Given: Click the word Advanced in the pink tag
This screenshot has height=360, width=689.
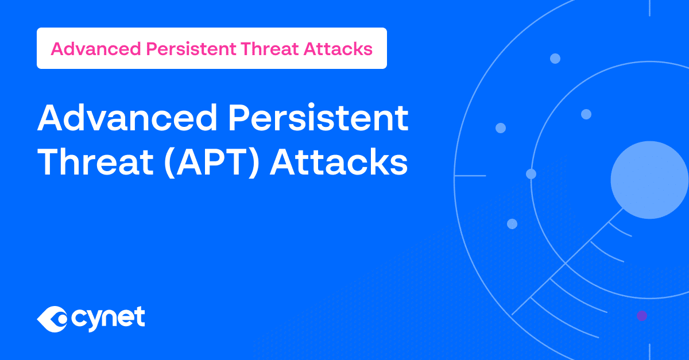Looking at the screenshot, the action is [96, 49].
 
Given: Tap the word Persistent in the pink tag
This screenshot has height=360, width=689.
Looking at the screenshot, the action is [191, 49].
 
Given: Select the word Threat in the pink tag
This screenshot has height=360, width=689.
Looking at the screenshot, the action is [269, 49].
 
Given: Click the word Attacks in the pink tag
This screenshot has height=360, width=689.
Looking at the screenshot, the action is [338, 49].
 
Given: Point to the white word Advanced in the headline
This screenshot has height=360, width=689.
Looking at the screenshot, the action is [127, 118].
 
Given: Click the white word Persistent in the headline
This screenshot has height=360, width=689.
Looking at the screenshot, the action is [318, 118].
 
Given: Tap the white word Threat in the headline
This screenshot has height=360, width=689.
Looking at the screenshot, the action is [95, 162].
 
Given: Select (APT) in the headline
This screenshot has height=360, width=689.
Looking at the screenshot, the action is [212, 162].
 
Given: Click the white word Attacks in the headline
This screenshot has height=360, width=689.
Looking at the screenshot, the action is [339, 162].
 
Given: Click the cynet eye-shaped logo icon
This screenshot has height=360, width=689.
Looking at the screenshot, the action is [52, 319].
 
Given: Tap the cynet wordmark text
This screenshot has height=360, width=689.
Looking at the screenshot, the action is [108, 319].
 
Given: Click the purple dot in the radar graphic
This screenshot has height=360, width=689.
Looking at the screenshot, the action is [642, 316].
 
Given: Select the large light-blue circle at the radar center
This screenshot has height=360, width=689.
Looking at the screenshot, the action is [649, 180].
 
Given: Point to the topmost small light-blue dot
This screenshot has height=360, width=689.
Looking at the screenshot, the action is [555, 59].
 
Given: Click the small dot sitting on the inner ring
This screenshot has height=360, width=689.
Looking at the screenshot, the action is [531, 174].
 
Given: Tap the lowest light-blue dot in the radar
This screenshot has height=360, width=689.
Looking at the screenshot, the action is [512, 224].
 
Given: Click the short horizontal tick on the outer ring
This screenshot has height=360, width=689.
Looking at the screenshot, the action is [470, 176].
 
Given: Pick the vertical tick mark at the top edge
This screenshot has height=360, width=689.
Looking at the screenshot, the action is [649, 8].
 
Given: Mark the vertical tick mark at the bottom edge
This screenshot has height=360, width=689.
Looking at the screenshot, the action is [649, 352].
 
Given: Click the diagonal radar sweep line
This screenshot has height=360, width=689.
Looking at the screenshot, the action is [567, 262].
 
